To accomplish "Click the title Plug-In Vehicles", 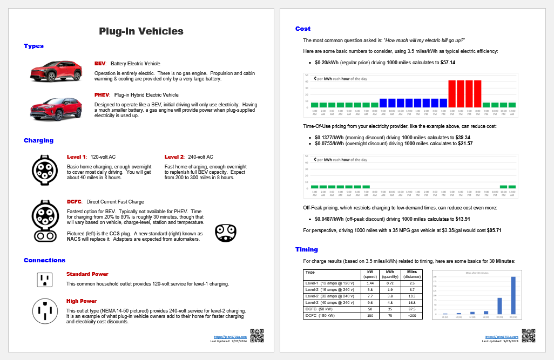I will click(141, 31).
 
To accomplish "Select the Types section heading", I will click(33, 46).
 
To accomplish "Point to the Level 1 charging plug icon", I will click(45, 169).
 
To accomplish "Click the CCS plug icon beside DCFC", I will click(45, 220).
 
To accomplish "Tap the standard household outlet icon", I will click(44, 279).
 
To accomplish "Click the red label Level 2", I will click(175, 157).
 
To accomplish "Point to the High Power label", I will click(82, 301).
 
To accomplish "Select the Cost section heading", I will click(303, 29).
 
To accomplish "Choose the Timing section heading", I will click(307, 250).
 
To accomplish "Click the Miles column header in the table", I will click(411, 273).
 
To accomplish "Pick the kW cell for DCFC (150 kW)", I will click(370, 315).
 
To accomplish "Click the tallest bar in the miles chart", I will click(512, 295).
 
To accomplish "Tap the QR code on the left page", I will click(258, 336).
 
